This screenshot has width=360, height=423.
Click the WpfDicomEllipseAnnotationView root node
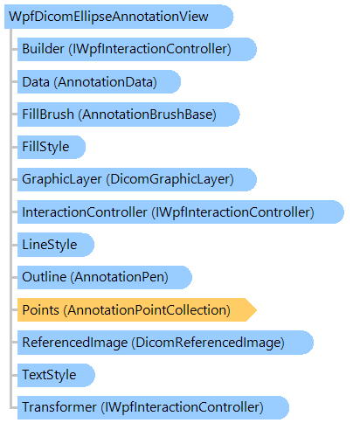(119, 17)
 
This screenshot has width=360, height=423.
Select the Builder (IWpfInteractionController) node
(137, 49)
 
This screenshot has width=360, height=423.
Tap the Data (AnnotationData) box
(99, 82)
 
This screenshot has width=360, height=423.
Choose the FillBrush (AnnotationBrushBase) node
(128, 114)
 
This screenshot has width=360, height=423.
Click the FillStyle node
(52, 147)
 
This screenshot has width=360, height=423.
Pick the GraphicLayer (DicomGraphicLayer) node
(137, 179)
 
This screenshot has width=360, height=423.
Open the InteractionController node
(181, 212)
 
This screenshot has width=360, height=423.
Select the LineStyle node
(56, 245)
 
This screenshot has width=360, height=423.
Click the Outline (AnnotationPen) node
(105, 277)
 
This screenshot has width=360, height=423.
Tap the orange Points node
(137, 310)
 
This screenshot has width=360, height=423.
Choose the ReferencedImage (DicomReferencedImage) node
(165, 343)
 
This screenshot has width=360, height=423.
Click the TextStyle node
(56, 375)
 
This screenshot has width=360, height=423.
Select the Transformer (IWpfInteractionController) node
(153, 407)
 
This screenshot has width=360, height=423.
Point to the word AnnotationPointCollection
(147, 310)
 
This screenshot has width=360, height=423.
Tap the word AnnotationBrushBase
(147, 114)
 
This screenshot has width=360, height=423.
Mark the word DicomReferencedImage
(208, 343)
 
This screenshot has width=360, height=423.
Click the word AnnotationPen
(120, 277)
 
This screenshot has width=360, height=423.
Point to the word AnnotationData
(106, 82)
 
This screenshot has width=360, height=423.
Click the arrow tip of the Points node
(256, 310)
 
